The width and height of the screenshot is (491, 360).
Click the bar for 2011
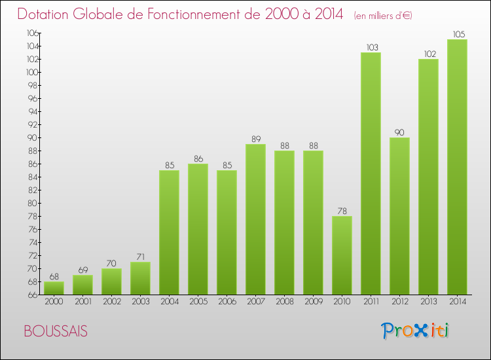tap(371, 173)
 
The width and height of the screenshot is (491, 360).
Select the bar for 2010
tap(342, 255)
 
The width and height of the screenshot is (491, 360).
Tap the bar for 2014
tap(457, 167)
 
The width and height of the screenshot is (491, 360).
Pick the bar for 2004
tap(169, 232)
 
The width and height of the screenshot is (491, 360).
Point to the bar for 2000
tap(54, 288)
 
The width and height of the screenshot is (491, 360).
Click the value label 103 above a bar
tap(371, 47)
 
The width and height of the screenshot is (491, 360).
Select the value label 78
tap(342, 211)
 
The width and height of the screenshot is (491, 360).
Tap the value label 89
tap(255, 139)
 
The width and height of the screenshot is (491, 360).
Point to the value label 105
tap(457, 34)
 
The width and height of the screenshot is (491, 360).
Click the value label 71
tap(140, 257)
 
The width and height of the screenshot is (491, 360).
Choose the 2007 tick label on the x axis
tap(255, 302)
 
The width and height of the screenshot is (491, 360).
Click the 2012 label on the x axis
tap(399, 302)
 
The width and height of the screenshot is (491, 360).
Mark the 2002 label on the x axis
tap(111, 302)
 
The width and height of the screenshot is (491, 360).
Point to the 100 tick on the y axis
tap(31, 72)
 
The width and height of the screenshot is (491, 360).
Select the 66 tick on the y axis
tap(32, 295)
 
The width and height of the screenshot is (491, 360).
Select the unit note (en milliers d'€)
tap(383, 15)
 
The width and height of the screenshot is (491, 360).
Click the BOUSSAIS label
tap(55, 331)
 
